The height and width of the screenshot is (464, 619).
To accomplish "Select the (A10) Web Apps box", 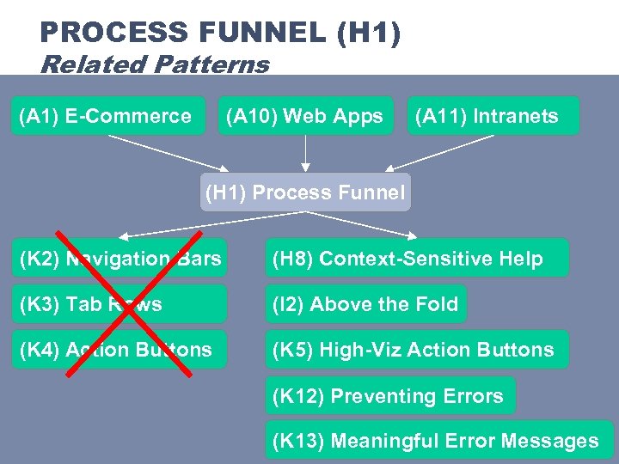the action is pos(305,116).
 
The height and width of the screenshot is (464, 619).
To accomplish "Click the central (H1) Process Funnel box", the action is pos(304,192).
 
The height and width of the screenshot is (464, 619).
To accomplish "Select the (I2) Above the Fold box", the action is pos(365,304).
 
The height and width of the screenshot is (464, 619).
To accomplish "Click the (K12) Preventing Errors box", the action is pos(389,396).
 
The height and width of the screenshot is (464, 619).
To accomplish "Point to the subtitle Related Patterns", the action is pos(155,64).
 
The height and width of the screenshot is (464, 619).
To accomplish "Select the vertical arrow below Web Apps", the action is pos(305,153).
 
